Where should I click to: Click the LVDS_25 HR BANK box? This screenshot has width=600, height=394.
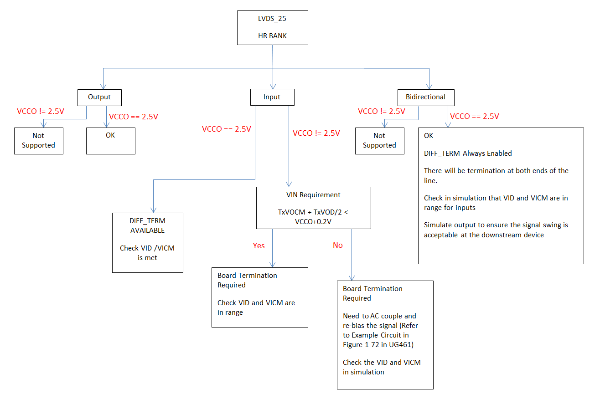273,28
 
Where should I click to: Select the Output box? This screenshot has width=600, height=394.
99,97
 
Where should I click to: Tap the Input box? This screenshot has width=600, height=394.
272,97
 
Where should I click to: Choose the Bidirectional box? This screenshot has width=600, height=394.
425,97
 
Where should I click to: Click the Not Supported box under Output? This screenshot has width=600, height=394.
38,140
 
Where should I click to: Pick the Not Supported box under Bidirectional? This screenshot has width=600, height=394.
379,140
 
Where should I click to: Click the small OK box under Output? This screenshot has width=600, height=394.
110,140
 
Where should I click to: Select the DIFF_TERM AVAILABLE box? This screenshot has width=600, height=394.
147,242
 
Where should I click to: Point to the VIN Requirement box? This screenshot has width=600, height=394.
313,208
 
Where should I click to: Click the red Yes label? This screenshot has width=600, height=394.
259,246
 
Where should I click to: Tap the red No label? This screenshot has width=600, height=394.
337,245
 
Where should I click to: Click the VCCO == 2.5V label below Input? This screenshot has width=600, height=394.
226,129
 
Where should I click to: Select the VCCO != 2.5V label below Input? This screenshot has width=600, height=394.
316,133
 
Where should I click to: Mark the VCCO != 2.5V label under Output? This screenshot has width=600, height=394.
41,111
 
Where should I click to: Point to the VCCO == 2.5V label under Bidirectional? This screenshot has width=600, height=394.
474,116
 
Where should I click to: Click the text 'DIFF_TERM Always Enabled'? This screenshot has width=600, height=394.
468,154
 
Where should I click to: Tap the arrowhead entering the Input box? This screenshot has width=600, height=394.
273,87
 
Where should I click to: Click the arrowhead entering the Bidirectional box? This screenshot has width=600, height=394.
429,87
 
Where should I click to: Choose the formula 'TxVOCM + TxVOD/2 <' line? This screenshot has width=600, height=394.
313,212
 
